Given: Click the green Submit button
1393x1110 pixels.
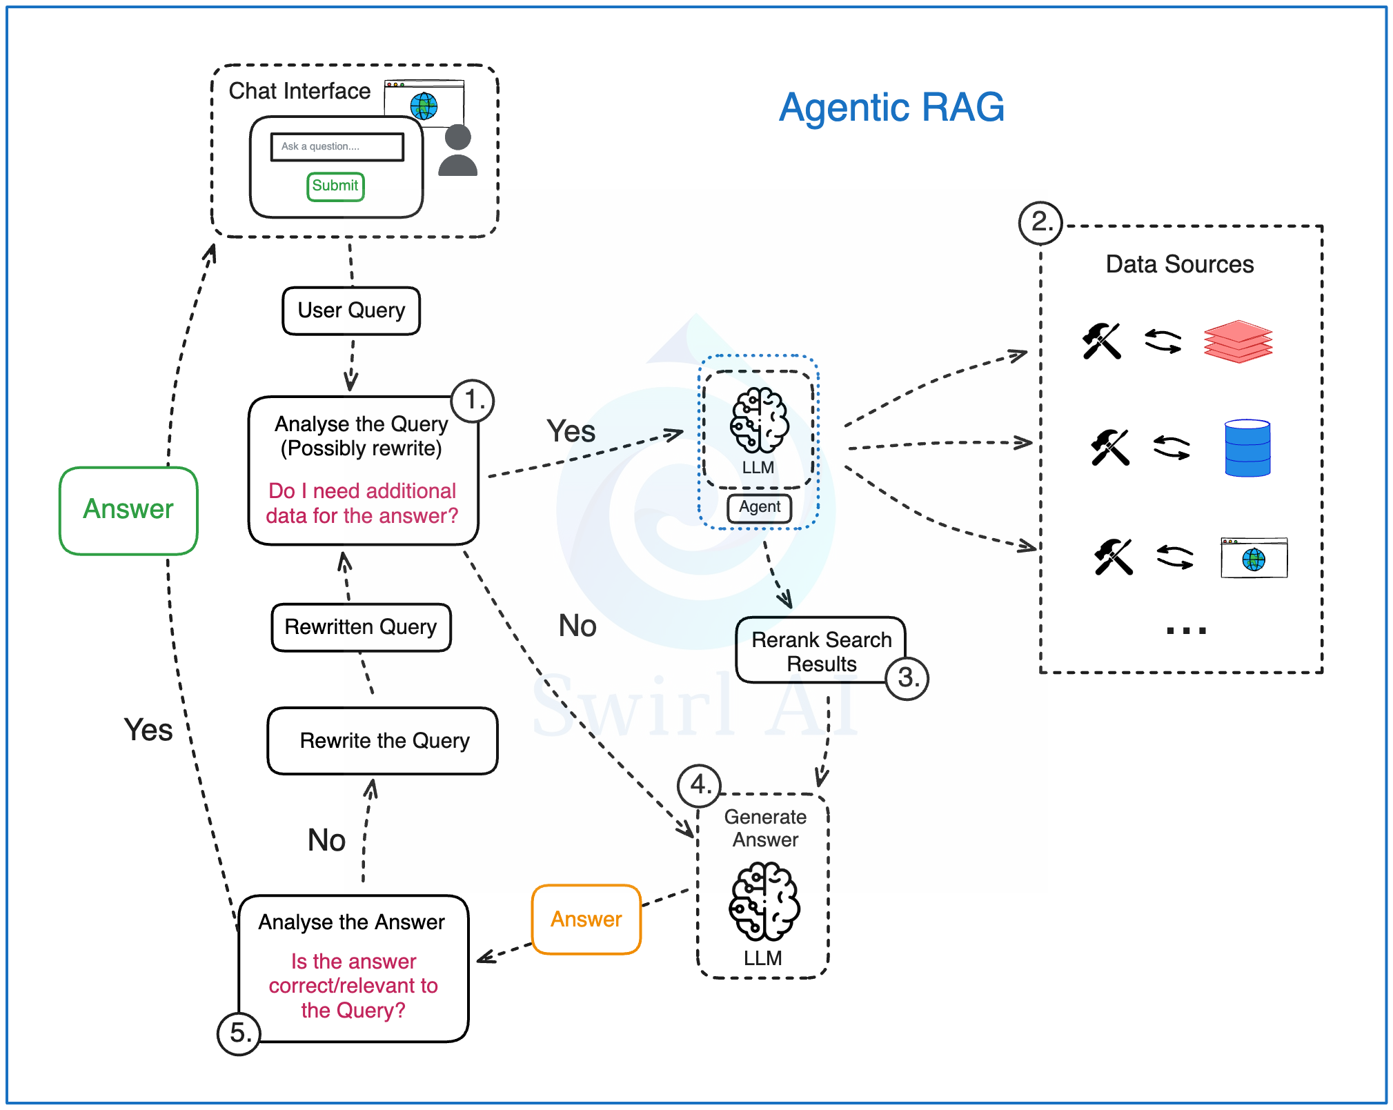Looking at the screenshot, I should click(x=335, y=186).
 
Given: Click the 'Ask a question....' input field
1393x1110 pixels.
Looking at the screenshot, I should click(x=337, y=147).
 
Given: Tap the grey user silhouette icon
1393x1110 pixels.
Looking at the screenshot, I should click(x=457, y=150).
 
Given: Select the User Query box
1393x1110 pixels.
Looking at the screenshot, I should click(x=351, y=310).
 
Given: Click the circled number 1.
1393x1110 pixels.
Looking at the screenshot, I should click(x=473, y=400).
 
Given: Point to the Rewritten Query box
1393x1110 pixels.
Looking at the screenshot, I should click(x=361, y=627).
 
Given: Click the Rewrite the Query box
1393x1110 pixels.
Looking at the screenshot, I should click(x=383, y=741).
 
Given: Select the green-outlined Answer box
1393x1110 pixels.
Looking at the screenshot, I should click(x=128, y=510).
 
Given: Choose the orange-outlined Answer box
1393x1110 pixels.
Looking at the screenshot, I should click(x=586, y=920).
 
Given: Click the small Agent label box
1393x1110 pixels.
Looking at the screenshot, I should click(x=759, y=507).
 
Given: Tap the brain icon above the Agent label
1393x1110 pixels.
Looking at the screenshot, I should click(x=759, y=419).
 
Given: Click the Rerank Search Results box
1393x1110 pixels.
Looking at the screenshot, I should click(x=820, y=651).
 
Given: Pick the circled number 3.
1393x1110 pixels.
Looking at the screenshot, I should click(x=907, y=678).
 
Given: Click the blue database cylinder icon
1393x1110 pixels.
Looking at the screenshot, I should click(x=1247, y=448).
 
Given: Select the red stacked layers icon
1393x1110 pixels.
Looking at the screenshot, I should click(x=1238, y=341).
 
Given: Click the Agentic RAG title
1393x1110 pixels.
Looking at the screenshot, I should click(x=891, y=108).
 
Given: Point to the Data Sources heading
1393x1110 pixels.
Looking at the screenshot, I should click(x=1180, y=264).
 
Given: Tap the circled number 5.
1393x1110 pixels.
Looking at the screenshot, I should click(x=239, y=1033).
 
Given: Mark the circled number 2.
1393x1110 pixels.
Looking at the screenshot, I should click(x=1040, y=222).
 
